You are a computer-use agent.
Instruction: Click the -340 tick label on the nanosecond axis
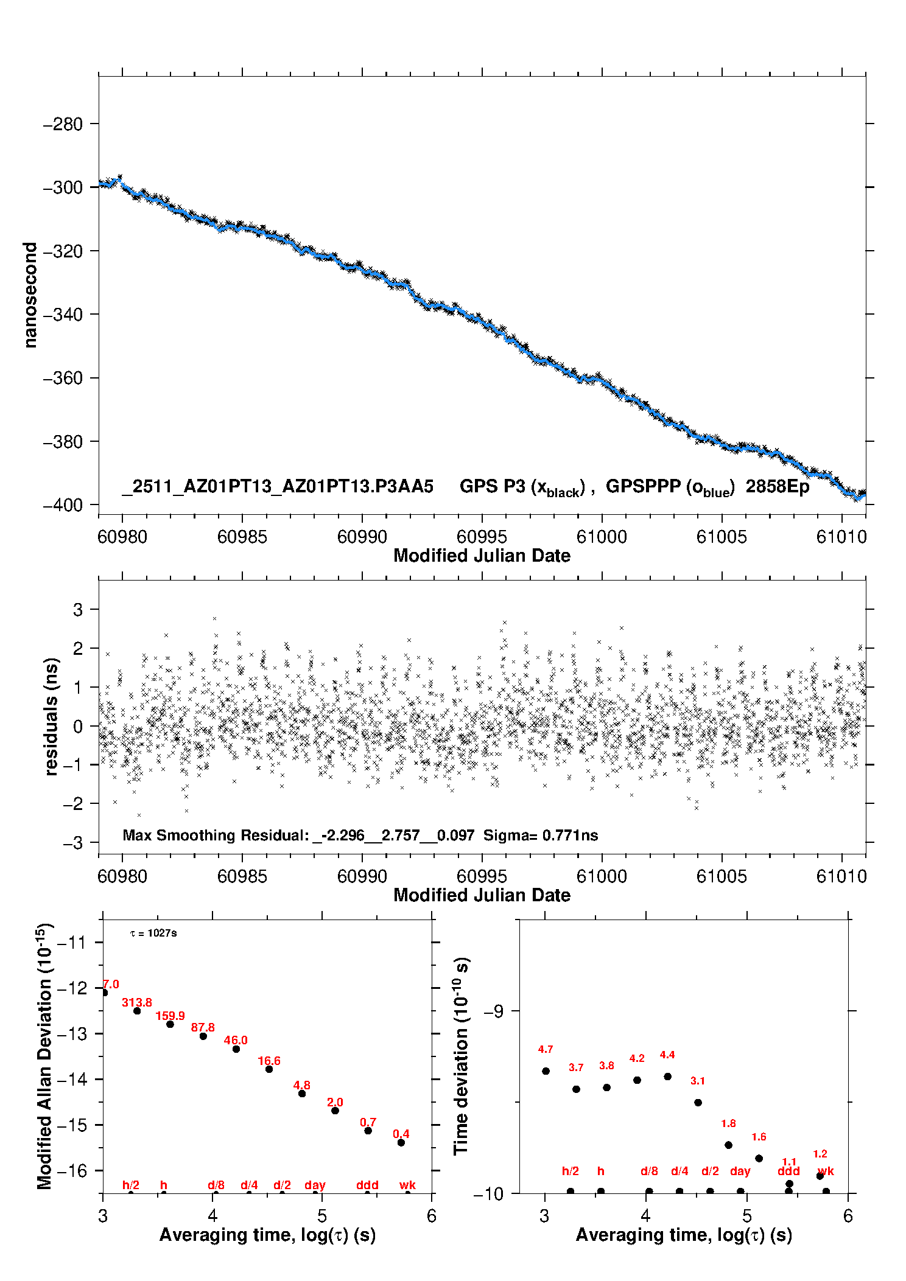[x=63, y=315]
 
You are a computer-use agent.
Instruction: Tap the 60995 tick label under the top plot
[x=482, y=537]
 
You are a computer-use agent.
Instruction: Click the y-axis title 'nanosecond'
[x=30, y=295]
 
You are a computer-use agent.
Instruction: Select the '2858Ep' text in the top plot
[x=778, y=487]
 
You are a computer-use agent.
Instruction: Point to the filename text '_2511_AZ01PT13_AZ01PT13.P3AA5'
[x=278, y=487]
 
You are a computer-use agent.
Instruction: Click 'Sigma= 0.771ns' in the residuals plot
[x=541, y=836]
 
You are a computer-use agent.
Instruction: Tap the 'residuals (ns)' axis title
[x=52, y=716]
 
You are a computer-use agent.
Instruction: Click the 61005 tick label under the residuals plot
[x=722, y=876]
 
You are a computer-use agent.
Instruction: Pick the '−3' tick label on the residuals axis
[x=73, y=843]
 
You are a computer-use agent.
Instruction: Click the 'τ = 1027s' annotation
[x=153, y=934]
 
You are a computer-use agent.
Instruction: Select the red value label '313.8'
[x=137, y=1002]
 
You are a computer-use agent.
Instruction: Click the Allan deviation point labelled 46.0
[x=236, y=1049]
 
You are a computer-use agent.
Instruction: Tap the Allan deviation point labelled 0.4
[x=401, y=1142]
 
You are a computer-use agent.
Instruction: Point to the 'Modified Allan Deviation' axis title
[x=44, y=1056]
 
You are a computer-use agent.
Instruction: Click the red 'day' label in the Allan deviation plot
[x=315, y=1185]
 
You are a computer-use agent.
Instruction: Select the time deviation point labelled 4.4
[x=667, y=1076]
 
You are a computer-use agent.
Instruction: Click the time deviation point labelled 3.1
[x=698, y=1102]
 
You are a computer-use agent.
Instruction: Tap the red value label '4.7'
[x=546, y=1049]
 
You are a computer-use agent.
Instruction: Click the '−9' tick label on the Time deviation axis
[x=494, y=1011]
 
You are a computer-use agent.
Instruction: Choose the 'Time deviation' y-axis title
[x=461, y=1056]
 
